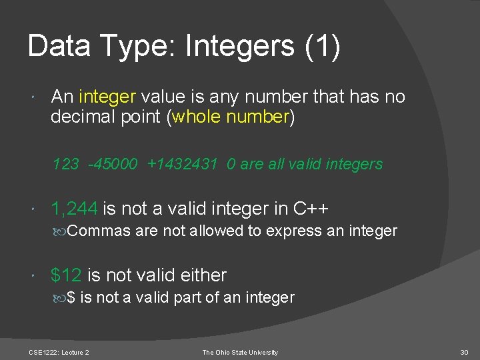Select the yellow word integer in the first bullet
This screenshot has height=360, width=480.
tap(107, 97)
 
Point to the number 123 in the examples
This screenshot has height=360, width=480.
tap(65, 164)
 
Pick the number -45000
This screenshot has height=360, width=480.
tap(113, 164)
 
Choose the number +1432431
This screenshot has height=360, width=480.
tap(183, 164)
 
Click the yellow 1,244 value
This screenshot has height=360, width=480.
tap(74, 209)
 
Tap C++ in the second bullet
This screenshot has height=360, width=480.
tap(311, 209)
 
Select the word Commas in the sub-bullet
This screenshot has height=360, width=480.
tap(99, 231)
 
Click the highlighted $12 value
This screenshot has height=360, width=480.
tap(66, 275)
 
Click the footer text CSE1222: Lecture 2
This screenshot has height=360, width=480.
tap(59, 352)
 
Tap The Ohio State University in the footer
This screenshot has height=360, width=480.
tap(240, 352)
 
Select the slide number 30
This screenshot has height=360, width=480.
tap(464, 352)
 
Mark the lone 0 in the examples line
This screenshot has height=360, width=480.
tap(230, 164)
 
